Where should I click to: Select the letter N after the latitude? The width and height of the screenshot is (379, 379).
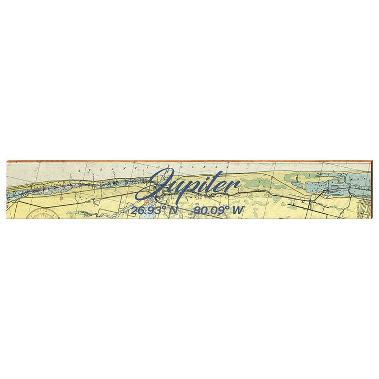(x=174, y=211)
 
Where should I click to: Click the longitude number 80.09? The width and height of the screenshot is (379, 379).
(x=208, y=211)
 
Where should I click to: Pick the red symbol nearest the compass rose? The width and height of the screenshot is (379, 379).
(x=62, y=198)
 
